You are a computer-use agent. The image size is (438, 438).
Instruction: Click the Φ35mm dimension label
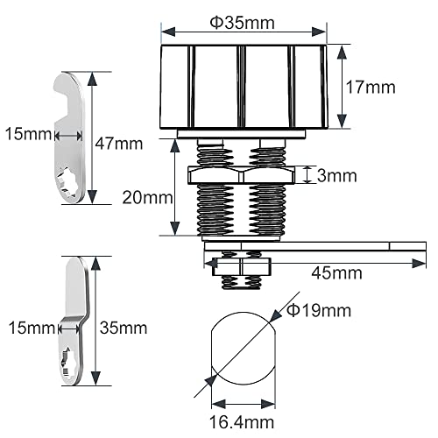(x=243, y=23)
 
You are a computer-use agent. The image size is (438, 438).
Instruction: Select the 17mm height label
(x=371, y=88)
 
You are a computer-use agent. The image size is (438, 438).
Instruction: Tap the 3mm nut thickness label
(x=336, y=176)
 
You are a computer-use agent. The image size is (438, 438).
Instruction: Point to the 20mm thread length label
(x=147, y=198)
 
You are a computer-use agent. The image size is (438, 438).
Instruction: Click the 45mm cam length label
(x=336, y=273)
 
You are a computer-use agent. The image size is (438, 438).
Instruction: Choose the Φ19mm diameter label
(x=319, y=310)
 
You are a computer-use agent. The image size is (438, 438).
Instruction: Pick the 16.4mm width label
(x=242, y=422)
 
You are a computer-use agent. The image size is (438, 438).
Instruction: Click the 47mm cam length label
(x=119, y=144)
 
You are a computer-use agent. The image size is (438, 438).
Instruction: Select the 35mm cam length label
(x=124, y=328)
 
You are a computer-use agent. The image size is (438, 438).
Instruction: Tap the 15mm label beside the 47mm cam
(x=28, y=134)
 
